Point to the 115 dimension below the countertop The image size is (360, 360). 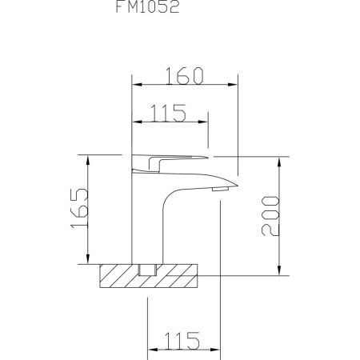(182, 340)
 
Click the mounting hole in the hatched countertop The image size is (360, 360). (146, 270)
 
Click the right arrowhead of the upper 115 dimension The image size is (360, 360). (208, 122)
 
